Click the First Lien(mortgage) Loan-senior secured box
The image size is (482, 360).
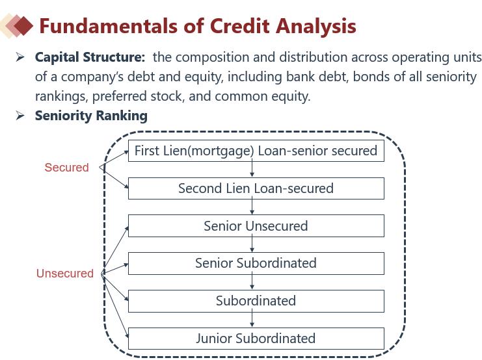pos(256,151)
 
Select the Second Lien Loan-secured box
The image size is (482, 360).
pos(256,188)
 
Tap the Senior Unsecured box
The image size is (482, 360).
pos(256,226)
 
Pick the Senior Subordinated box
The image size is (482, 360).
pos(256,263)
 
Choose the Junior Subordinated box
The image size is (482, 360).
pos(256,339)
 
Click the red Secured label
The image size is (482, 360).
pos(66,168)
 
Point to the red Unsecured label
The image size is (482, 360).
pos(65,274)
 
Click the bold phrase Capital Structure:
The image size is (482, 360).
pos(90,57)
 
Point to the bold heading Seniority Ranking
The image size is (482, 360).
pos(91,116)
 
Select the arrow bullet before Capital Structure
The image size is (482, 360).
pos(20,57)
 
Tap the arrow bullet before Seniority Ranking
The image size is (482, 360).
pos(20,116)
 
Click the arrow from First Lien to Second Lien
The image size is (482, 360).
pos(252,170)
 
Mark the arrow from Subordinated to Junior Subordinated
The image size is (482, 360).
pos(252,320)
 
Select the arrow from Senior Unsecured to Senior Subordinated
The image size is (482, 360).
pos(252,244)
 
